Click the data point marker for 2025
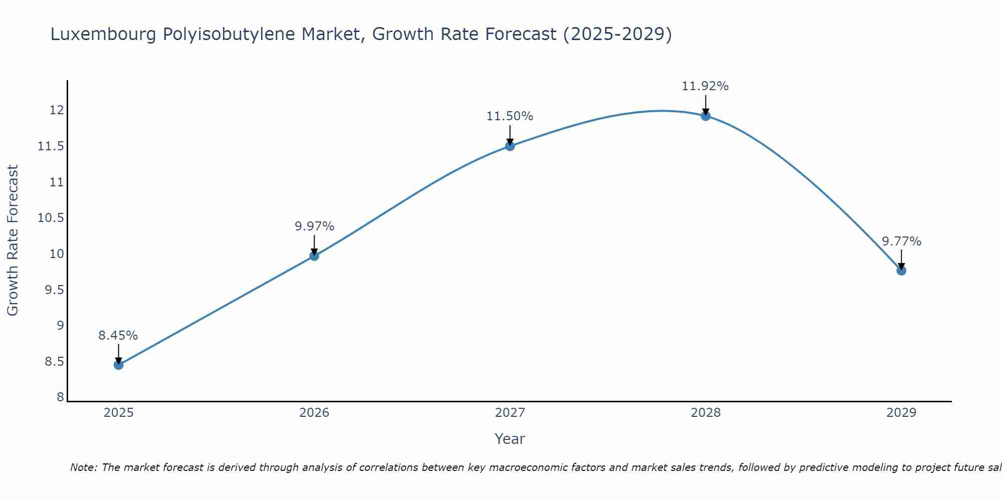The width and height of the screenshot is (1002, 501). [x=118, y=365]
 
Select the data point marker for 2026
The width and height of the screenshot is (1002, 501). [x=314, y=256]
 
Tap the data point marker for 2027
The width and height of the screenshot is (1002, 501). [x=510, y=146]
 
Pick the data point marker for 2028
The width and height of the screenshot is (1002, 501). [x=705, y=116]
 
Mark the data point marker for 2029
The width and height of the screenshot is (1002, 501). [x=901, y=271]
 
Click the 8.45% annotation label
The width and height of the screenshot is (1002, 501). [x=118, y=336]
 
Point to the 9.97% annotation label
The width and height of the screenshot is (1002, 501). [x=314, y=226]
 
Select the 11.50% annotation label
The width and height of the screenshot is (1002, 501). [x=510, y=116]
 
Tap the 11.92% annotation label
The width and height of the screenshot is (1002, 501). [x=705, y=86]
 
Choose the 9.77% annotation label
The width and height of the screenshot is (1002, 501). [x=901, y=241]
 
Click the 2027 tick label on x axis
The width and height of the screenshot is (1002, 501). [x=510, y=413]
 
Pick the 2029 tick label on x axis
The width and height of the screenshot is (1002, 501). [x=901, y=413]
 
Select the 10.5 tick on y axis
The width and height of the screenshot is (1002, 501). [x=51, y=218]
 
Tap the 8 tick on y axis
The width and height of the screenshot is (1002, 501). [x=60, y=397]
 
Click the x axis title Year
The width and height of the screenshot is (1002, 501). [x=510, y=439]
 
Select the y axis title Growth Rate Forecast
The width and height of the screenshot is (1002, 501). [x=13, y=240]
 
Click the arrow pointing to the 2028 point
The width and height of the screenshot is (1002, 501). [x=705, y=104]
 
